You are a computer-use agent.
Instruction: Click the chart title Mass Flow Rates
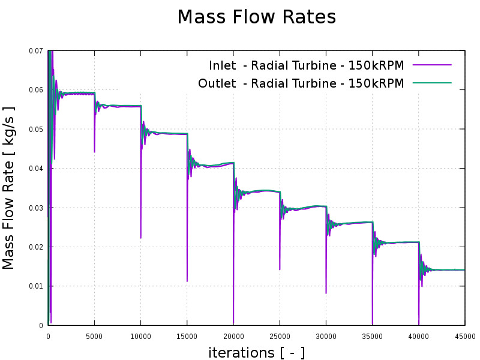256,17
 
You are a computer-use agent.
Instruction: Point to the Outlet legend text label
301,83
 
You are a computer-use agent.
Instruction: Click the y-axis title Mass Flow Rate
9,188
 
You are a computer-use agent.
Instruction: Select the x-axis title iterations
256,353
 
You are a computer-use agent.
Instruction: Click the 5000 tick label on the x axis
94,337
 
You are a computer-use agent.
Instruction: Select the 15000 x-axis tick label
187,337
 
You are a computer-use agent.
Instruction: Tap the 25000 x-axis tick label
280,337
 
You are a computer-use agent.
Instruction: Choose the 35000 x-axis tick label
373,337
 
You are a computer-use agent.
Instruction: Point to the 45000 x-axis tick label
464,337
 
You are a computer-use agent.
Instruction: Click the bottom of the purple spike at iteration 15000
187,281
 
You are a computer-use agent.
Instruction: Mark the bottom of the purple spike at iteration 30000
326,293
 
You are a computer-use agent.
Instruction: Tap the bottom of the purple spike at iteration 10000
141,238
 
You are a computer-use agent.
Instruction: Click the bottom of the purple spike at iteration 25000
280,269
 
